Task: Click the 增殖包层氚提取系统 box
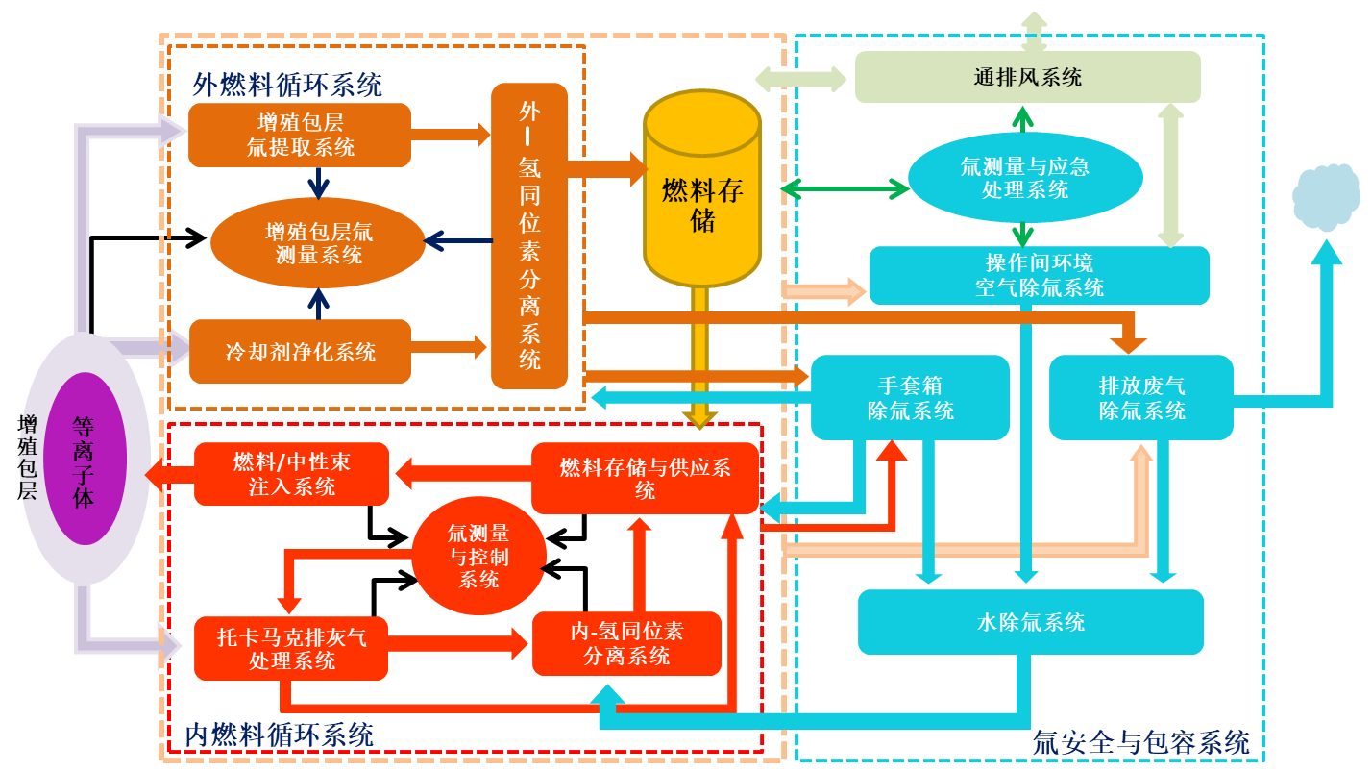pos(300,135)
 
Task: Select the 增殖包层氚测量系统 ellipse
pos(317,243)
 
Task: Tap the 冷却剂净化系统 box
pos(300,351)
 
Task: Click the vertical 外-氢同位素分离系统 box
pos(529,236)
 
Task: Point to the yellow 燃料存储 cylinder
pos(702,192)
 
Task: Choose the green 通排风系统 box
pos(1027,77)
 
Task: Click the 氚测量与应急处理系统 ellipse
pos(1025,178)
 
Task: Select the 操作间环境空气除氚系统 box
pos(1039,275)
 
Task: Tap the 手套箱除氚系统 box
pos(910,398)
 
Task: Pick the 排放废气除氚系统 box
pos(1140,398)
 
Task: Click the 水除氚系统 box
pos(1030,622)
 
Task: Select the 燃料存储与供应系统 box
pos(645,478)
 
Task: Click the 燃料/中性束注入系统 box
pos(291,474)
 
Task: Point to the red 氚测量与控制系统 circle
pos(478,557)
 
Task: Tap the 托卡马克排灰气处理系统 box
pos(291,648)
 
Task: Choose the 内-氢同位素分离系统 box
pos(626,643)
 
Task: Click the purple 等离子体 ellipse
pos(85,459)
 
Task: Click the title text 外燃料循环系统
pos(287,85)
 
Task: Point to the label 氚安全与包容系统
pos(1140,742)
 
